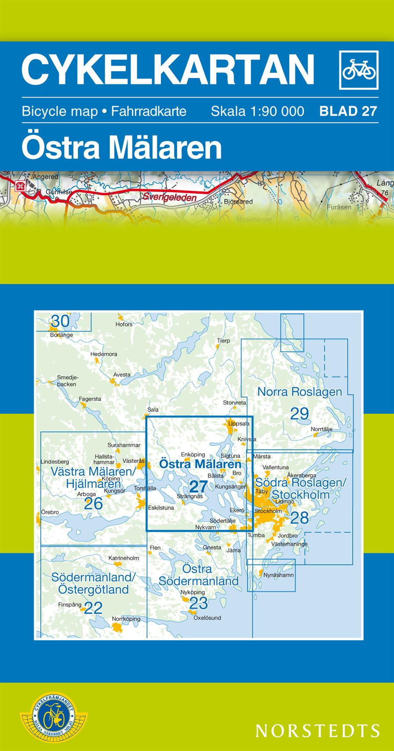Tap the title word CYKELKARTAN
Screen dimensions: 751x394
168,69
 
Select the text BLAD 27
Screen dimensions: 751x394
348,111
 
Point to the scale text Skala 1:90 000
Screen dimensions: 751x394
257,111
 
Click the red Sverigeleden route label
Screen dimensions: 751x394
169,198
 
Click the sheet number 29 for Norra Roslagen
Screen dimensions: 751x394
299,413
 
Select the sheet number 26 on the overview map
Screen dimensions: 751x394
93,503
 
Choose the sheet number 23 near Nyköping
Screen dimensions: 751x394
198,603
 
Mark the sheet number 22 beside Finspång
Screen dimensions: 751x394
93,607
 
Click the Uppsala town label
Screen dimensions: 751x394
239,424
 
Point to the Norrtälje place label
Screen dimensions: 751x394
321,429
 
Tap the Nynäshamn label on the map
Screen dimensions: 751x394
278,574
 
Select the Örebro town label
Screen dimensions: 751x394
50,512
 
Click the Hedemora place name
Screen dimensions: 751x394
104,354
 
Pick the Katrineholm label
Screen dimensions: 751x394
124,558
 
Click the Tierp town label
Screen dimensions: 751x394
223,340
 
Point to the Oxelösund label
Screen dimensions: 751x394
207,617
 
